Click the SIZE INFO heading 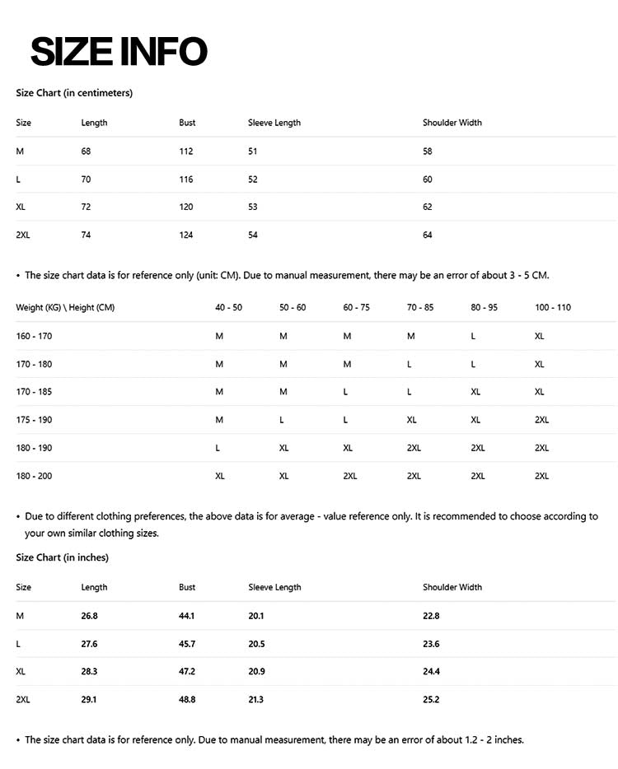(119, 51)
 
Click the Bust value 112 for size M (185, 151)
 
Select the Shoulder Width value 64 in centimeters (428, 235)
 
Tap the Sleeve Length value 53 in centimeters (253, 207)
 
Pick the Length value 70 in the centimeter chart (86, 179)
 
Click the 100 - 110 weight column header (552, 308)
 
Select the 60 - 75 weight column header (356, 308)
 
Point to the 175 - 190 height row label (34, 420)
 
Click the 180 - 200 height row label (34, 476)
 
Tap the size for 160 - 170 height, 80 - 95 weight (473, 336)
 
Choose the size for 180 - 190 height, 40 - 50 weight (218, 448)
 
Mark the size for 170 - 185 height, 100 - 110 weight (539, 392)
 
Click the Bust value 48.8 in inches (187, 700)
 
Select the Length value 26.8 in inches (89, 616)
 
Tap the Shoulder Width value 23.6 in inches (431, 644)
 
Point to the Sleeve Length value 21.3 (256, 700)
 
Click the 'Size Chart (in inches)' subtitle (62, 557)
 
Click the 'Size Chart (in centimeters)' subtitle (74, 93)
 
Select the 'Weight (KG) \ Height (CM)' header (65, 308)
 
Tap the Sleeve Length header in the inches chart (274, 588)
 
